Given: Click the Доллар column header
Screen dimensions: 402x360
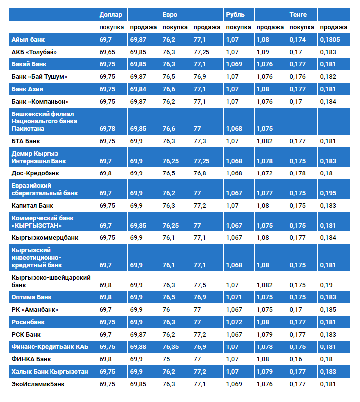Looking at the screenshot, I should click(109, 14).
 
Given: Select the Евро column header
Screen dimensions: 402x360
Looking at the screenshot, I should click(169, 14).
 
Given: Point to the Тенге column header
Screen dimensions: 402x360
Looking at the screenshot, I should click(299, 14).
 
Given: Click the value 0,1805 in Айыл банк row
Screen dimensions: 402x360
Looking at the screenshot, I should click(330, 39).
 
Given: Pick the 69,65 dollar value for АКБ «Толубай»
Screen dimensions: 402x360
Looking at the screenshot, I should click(107, 52).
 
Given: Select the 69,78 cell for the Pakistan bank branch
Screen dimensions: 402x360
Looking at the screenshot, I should click(107, 129).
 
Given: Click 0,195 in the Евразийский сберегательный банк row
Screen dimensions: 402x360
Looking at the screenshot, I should click(328, 193).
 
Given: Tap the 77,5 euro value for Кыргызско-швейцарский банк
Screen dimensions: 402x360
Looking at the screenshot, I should click(200, 285).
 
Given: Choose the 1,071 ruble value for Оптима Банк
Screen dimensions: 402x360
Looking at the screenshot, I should click(234, 297).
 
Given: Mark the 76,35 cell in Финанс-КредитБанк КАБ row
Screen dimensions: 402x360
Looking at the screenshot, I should click(171, 346).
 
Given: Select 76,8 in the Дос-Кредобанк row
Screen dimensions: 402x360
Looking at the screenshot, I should click(200, 174).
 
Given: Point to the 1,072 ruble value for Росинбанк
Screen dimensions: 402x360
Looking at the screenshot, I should click(234, 322).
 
